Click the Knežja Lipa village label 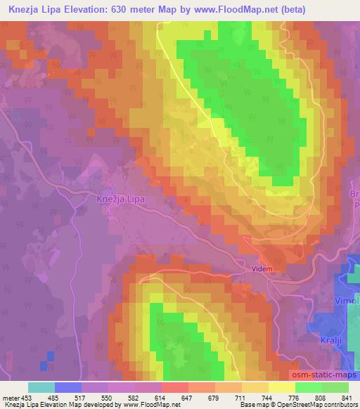(120, 199)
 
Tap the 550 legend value (107, 398)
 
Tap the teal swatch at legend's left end (41, 387)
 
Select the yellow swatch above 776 (281, 387)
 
